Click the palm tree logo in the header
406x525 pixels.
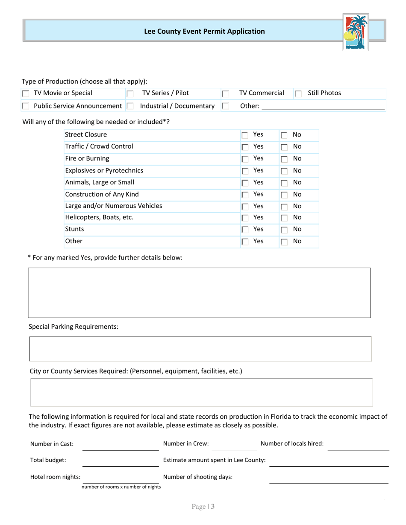pyautogui.click(x=356, y=32)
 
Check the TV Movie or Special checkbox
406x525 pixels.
pyautogui.click(x=26, y=93)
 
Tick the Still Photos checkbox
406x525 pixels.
pyautogui.click(x=298, y=93)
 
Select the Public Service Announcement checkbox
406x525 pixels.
pyautogui.click(x=26, y=106)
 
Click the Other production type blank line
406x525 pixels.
pyautogui.click(x=323, y=106)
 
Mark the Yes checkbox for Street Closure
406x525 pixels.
pyautogui.click(x=245, y=135)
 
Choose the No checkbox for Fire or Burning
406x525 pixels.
pyautogui.click(x=284, y=159)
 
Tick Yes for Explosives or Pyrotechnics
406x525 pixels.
pyautogui.click(x=245, y=171)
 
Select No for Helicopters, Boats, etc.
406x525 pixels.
pyautogui.click(x=284, y=218)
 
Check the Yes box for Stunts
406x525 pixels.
pyautogui.click(x=245, y=230)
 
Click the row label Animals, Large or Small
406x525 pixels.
pyautogui.click(x=100, y=182)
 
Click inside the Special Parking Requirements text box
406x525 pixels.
pyautogui.click(x=200, y=349)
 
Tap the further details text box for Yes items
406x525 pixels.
pyautogui.click(x=199, y=293)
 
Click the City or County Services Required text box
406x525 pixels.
pyautogui.click(x=201, y=392)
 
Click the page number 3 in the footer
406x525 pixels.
pyautogui.click(x=212, y=507)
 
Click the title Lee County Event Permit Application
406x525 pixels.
pyautogui.click(x=204, y=31)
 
